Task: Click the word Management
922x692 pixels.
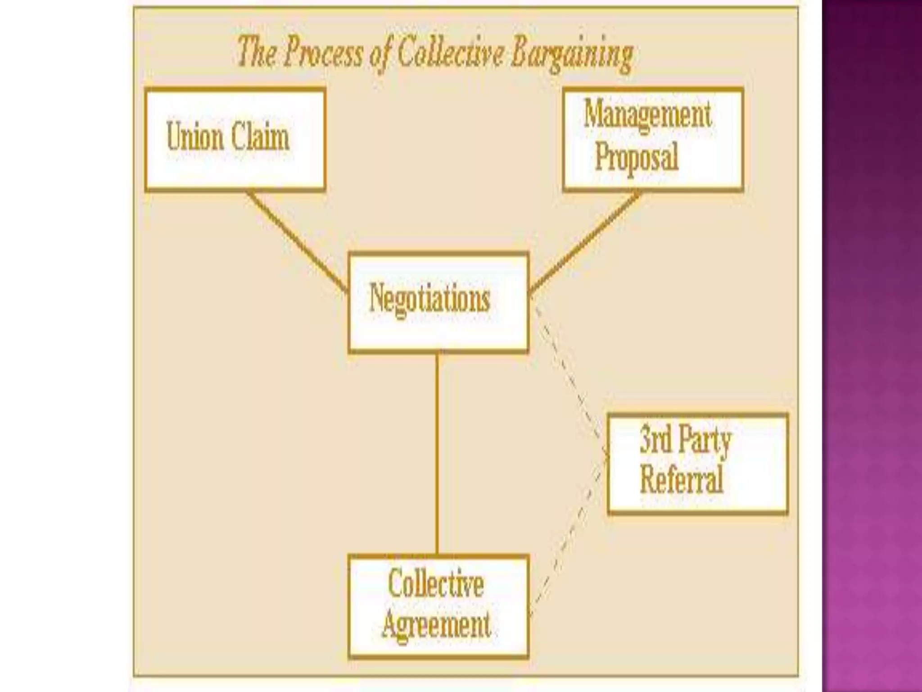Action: coord(647,114)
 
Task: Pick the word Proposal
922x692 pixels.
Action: coord(637,156)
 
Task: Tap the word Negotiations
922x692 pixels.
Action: coord(429,298)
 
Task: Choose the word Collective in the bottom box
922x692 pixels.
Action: coord(436,584)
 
